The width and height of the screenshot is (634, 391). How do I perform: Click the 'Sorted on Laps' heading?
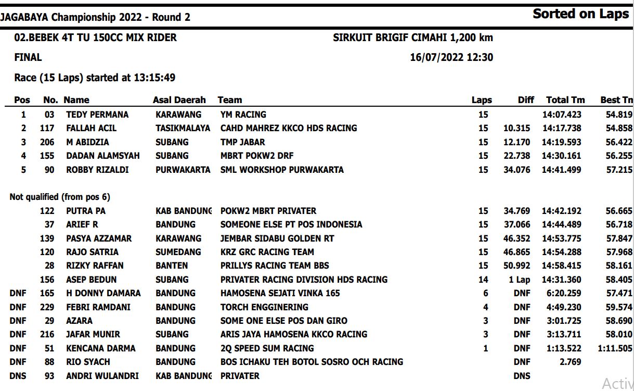click(580, 14)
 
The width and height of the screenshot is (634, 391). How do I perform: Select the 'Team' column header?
click(230, 100)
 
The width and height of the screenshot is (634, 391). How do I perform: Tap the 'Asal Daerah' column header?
click(179, 100)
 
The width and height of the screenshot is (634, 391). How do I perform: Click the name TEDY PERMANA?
click(97, 115)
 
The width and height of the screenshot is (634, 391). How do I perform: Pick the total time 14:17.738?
click(562, 128)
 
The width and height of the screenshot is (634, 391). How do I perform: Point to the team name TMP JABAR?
click(242, 142)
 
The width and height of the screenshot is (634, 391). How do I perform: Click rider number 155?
click(47, 156)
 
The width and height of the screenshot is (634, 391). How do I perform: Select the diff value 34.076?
click(516, 170)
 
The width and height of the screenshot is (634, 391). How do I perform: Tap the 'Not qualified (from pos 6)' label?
click(60, 197)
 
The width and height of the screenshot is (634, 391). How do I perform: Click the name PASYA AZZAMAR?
click(99, 238)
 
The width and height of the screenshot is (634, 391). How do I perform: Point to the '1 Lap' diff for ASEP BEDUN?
click(519, 280)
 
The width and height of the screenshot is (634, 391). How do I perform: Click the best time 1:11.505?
click(615, 348)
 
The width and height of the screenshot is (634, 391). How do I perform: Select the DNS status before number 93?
click(18, 376)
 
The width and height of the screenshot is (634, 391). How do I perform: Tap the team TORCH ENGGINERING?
click(264, 307)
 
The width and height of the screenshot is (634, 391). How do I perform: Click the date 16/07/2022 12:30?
click(451, 58)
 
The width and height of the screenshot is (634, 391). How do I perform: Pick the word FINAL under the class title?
click(28, 58)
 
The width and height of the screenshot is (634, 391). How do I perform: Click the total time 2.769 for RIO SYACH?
click(570, 362)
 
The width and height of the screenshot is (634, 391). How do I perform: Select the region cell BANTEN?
click(172, 266)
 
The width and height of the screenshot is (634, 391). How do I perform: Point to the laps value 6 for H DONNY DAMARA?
click(485, 293)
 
